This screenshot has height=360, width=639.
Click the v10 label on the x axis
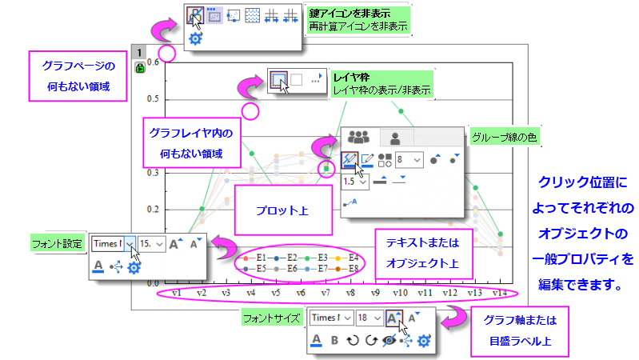(x=400, y=293)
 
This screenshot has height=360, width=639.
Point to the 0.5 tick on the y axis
(x=153, y=99)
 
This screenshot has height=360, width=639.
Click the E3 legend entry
(x=316, y=258)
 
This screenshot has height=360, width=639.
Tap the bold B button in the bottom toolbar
(x=334, y=340)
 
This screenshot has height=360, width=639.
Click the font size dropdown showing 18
(x=369, y=318)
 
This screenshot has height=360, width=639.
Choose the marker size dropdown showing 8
(x=409, y=160)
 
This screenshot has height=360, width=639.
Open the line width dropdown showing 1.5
(x=355, y=182)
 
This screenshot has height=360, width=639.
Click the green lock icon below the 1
(x=140, y=68)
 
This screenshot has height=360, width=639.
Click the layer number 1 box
(x=139, y=53)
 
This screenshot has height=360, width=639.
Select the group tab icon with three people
(x=358, y=137)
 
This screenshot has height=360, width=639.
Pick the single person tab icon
(x=395, y=138)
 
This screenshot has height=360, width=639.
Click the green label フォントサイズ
(x=272, y=318)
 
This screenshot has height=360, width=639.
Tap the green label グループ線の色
(x=504, y=138)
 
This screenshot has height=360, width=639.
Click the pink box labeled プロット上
(x=283, y=210)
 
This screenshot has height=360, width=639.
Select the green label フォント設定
(x=57, y=244)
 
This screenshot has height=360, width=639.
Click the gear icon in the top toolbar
(x=196, y=38)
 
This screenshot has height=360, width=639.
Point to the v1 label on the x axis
(x=177, y=293)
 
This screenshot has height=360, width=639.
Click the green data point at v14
(x=501, y=234)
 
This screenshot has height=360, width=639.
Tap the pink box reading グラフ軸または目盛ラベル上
(x=520, y=331)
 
